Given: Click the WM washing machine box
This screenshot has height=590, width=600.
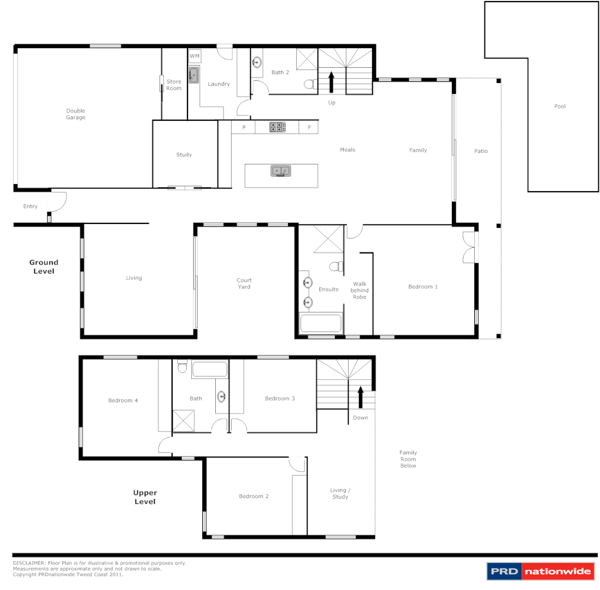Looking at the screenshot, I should (194, 56).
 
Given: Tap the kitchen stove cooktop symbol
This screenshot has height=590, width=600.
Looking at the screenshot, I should (277, 127).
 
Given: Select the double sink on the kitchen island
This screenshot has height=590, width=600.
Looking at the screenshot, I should (281, 172).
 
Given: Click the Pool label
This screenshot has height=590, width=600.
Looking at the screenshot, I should (560, 107).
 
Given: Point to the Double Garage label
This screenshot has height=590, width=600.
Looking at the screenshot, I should (76, 114).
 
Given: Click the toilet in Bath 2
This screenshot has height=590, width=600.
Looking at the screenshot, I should (309, 84).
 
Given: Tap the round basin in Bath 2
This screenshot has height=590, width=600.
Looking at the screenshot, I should (257, 62).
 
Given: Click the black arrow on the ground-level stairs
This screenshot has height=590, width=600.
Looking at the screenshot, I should (331, 82).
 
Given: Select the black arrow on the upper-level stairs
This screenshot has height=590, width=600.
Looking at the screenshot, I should (360, 397).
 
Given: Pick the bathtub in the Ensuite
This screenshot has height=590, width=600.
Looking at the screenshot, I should (321, 323).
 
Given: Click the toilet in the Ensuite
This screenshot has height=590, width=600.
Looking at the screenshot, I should (336, 267).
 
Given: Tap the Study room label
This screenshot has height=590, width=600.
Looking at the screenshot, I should (184, 155).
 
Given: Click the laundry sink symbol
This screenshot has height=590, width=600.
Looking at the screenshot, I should (193, 75).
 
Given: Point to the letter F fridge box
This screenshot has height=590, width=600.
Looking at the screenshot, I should (309, 128).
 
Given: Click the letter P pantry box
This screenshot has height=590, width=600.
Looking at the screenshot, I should (244, 128).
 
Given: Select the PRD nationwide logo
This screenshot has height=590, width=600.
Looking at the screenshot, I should (540, 572).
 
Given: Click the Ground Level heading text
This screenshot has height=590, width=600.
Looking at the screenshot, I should (44, 267).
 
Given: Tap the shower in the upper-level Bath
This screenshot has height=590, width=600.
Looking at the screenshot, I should (184, 421).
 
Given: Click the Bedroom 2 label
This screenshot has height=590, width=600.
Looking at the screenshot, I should (254, 497).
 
